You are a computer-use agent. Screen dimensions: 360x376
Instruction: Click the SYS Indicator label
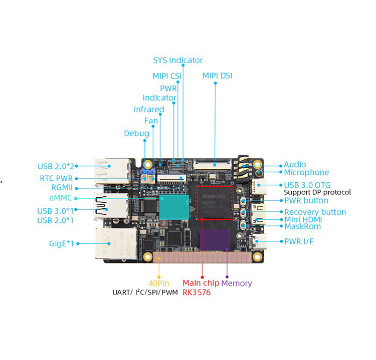(177, 60)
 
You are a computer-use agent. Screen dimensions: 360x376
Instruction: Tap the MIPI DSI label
(217, 76)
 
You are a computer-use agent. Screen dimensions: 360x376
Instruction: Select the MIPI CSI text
(167, 76)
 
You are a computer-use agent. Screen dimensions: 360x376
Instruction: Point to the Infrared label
(149, 109)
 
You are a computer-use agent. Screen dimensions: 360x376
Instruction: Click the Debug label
(136, 133)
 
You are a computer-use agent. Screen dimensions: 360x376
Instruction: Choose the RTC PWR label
(56, 178)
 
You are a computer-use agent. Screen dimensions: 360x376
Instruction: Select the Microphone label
(306, 172)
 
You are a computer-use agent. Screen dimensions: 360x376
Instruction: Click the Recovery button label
(315, 212)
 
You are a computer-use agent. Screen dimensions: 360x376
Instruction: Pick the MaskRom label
(302, 226)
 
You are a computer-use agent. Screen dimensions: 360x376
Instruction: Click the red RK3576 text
(197, 292)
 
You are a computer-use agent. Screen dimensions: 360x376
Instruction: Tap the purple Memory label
(236, 283)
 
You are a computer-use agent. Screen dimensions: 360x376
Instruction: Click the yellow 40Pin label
(159, 283)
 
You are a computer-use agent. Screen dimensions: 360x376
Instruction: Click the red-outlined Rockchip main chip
(215, 202)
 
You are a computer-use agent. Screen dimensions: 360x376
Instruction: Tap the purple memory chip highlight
(215, 240)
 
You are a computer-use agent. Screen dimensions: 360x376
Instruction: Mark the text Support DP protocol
(317, 192)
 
